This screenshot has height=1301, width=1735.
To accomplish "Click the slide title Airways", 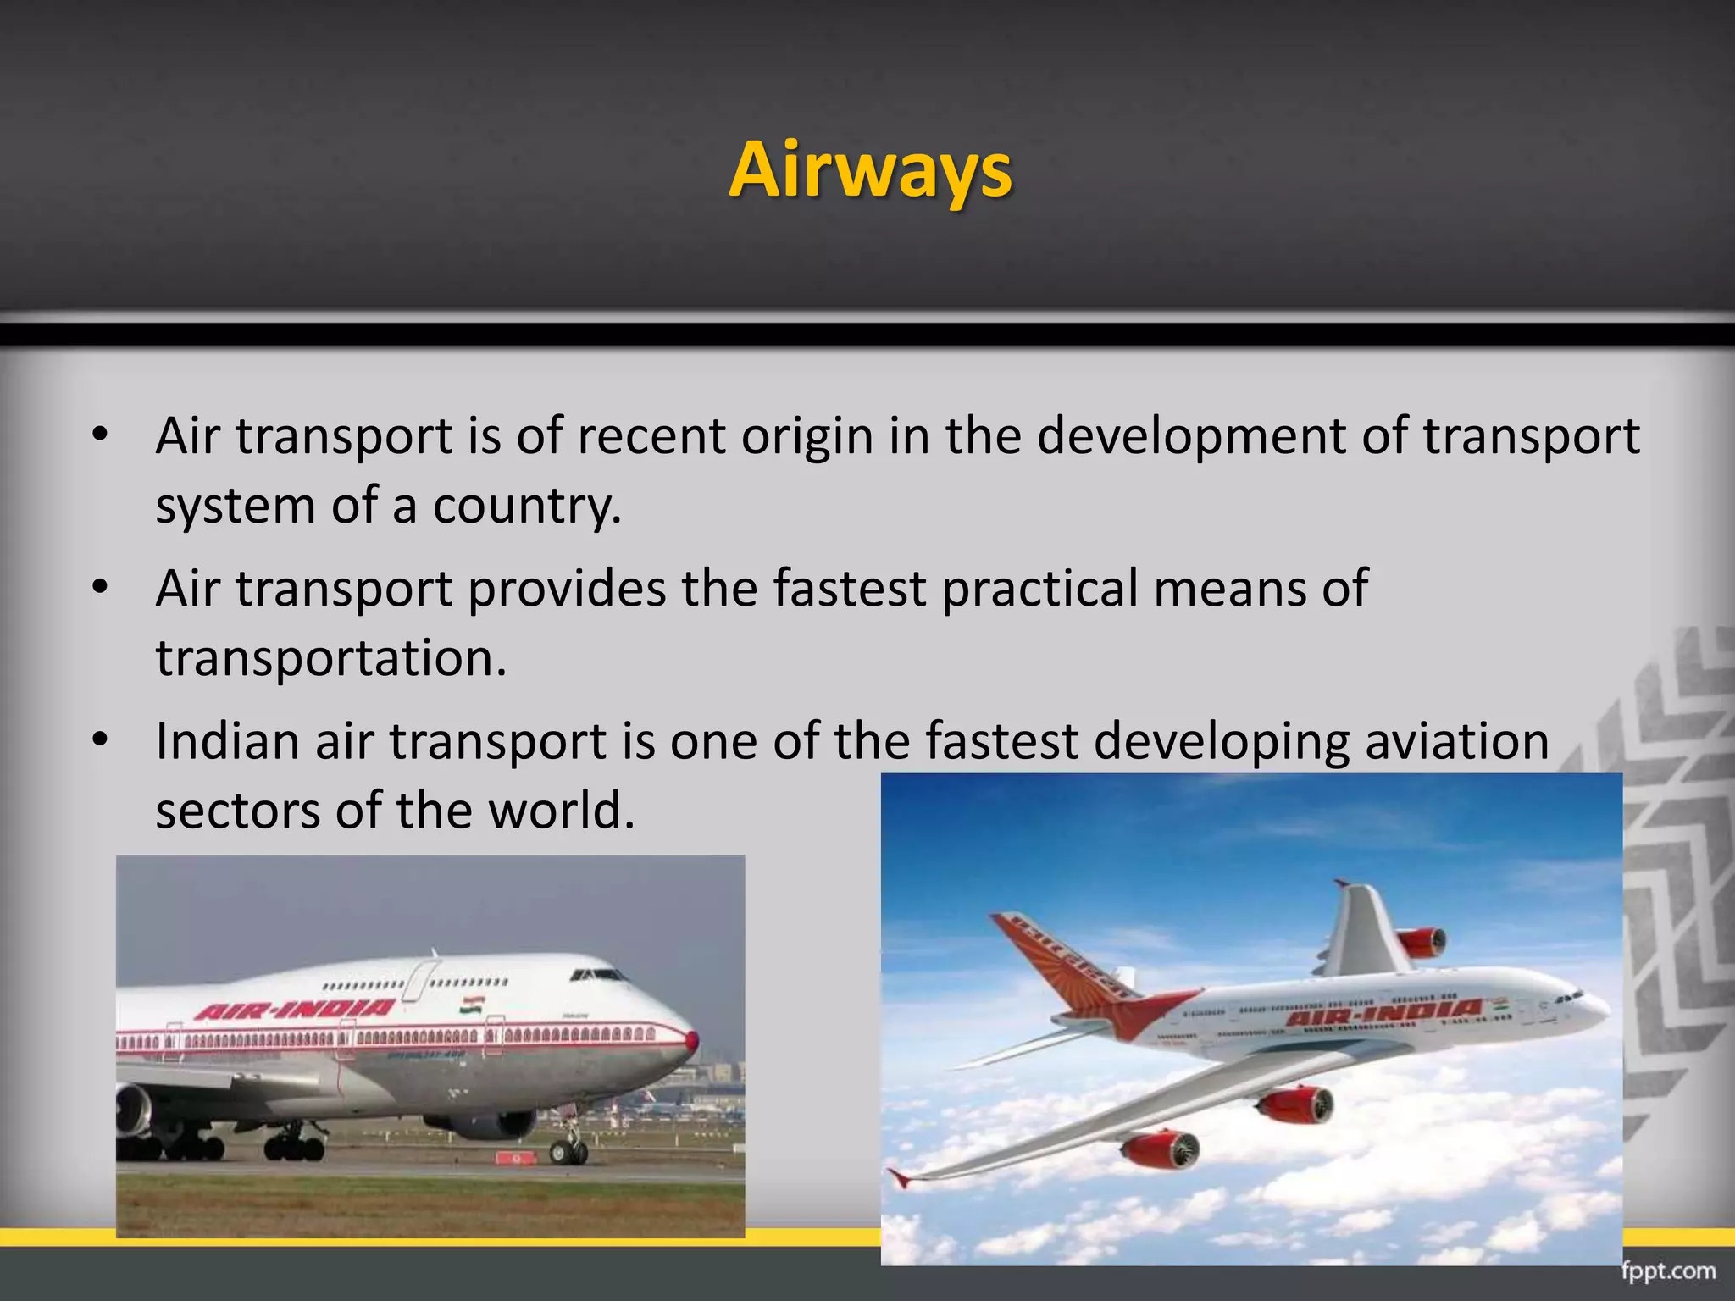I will tap(870, 169).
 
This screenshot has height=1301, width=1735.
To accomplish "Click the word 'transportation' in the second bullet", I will tap(331, 658).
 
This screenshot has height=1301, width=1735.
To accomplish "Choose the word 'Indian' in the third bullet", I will tap(228, 741).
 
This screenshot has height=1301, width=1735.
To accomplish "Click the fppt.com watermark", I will tap(1668, 1271).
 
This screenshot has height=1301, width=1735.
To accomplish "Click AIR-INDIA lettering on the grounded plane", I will tap(295, 1010).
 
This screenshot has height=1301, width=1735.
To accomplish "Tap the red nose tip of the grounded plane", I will tap(692, 1042).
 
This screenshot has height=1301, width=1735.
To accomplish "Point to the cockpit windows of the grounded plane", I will tap(598, 975).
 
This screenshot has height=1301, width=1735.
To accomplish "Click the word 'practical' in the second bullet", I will tap(1039, 589).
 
